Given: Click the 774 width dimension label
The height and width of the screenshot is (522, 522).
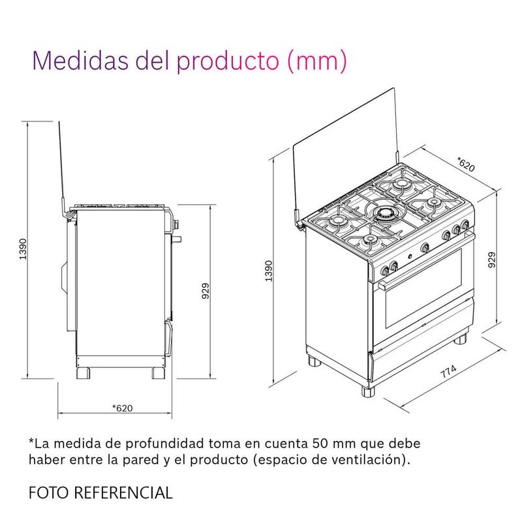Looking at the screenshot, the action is point(448,371).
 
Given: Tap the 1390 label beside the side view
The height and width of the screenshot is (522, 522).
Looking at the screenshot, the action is point(23,249).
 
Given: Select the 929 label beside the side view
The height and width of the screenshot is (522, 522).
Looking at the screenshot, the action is point(206,290).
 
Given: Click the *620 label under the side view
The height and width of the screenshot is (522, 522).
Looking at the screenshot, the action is point(122,408).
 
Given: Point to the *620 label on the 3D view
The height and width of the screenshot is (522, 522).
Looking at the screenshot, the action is point(466,164).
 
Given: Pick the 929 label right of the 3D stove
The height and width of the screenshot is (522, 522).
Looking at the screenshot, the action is point(491,260).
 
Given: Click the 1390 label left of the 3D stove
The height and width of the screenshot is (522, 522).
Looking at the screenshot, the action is point(269,271).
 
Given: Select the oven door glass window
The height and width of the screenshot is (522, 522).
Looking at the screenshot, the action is point(423,288).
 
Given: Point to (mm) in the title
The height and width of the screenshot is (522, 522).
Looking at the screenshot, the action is point(316,61).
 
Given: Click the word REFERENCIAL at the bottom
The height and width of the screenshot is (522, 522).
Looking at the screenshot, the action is point(123,493).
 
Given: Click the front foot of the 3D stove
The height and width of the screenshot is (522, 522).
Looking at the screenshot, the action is point(368,391).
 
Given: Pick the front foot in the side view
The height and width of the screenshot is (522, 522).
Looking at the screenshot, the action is point(158,373).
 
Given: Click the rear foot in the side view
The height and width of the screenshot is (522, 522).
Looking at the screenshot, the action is point(84,373).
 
